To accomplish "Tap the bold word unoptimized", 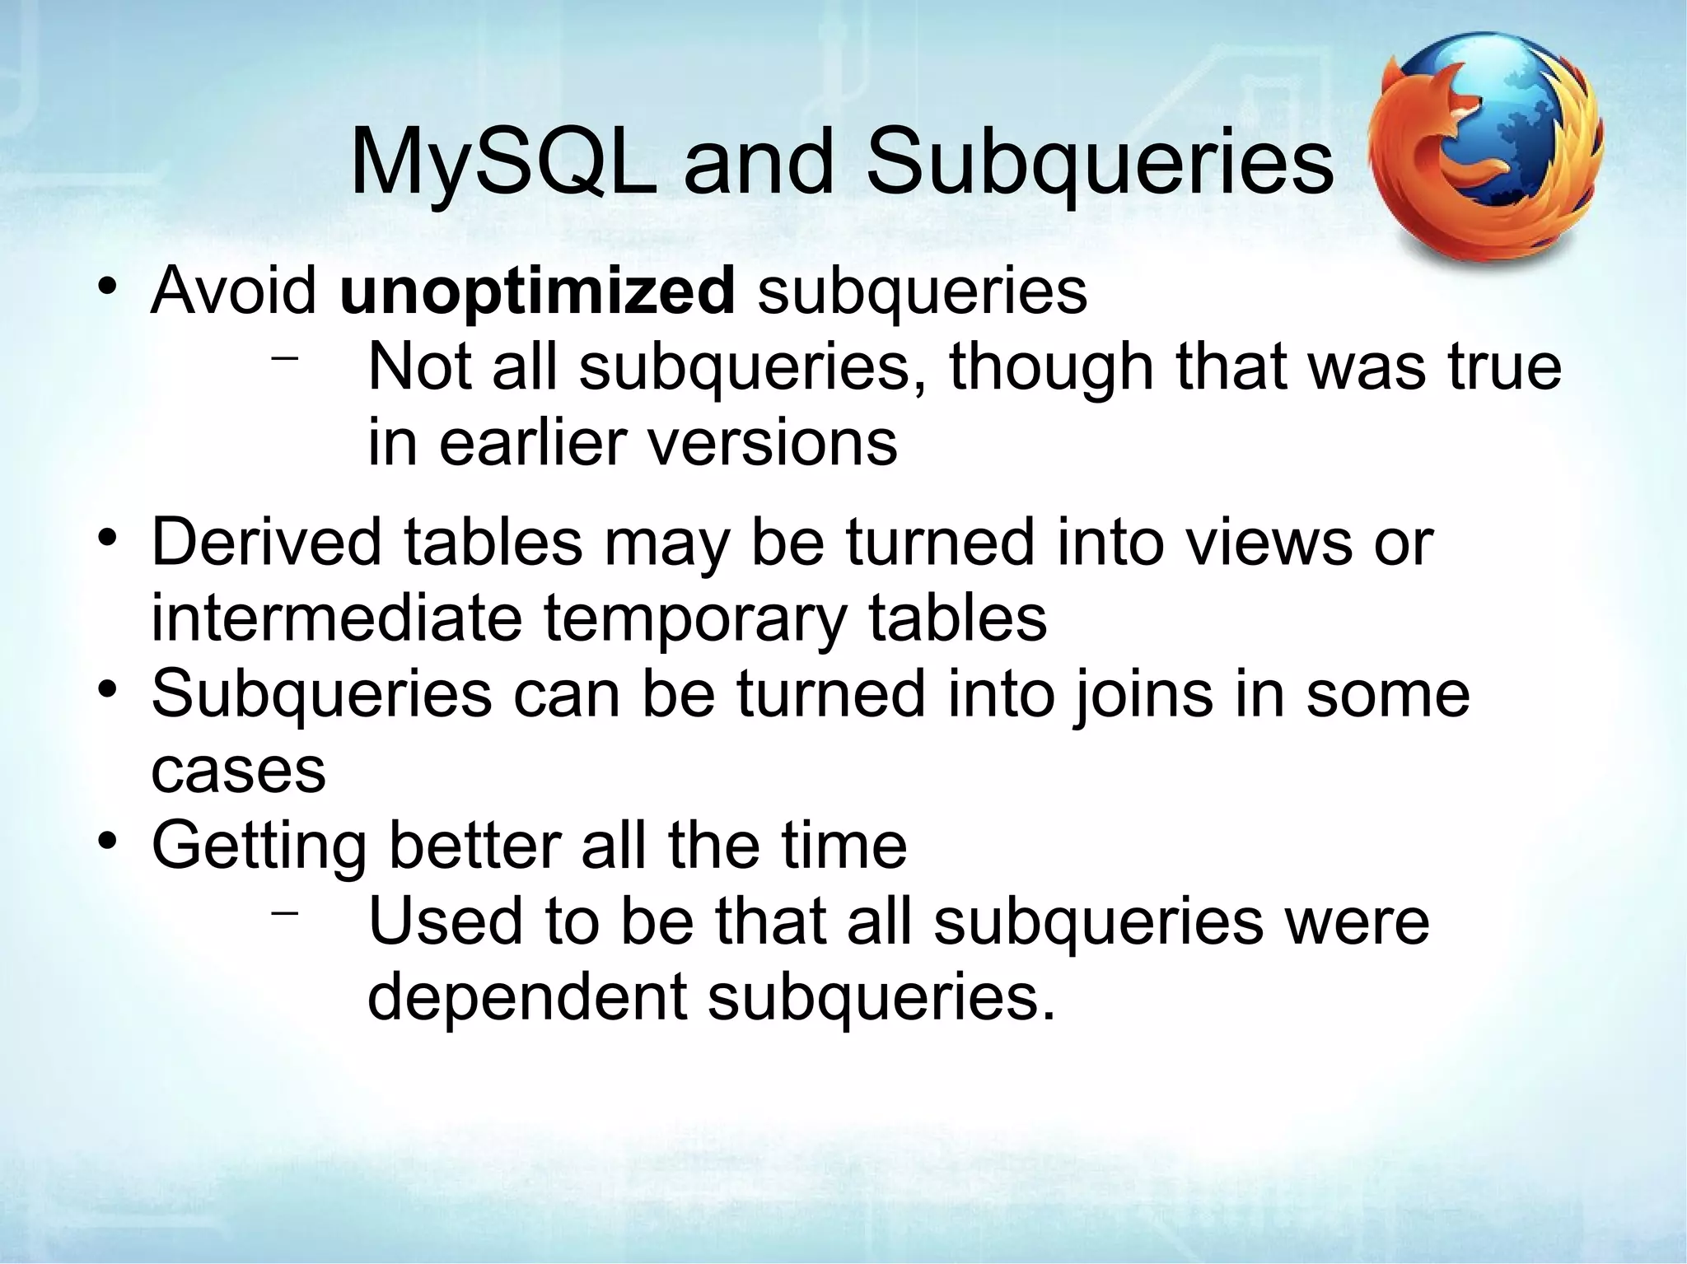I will [537, 292].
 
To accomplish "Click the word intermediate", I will [336, 618].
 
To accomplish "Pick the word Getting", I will [259, 847].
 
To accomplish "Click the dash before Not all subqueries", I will [284, 359].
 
